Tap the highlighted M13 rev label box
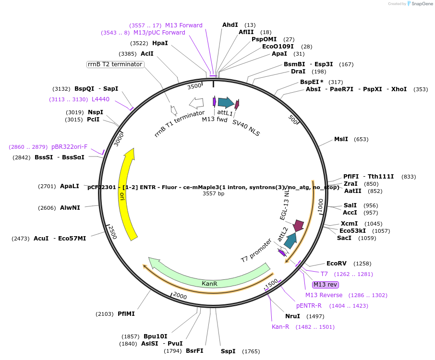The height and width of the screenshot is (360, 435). coord(325,284)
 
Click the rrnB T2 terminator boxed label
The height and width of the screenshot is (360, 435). coord(115,64)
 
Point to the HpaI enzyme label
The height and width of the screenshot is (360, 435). coord(160,43)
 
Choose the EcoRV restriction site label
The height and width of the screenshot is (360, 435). coord(336,264)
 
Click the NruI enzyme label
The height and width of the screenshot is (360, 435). coord(292,316)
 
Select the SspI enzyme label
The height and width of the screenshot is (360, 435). coord(228,351)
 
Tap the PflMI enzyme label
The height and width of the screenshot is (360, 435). coord(126,314)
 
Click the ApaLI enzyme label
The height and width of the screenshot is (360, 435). coord(70,186)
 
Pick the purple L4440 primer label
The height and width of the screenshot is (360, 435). coord(100,99)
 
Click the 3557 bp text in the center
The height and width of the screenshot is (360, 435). coord(213,194)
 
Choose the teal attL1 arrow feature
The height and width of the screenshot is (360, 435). coord(225,102)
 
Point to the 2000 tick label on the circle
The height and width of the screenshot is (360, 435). coord(180,295)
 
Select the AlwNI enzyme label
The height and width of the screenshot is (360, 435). coord(70,208)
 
